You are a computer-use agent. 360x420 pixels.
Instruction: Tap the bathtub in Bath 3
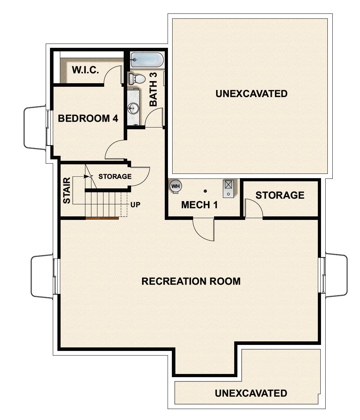(x=147, y=61)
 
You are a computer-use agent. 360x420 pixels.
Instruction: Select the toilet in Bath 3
(x=136, y=79)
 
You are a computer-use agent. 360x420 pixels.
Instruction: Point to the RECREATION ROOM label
(x=191, y=281)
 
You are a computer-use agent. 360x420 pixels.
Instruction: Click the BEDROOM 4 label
(x=88, y=118)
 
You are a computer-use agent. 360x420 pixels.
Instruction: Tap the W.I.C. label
(x=85, y=70)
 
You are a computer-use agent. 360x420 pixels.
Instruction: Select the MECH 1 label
(x=199, y=205)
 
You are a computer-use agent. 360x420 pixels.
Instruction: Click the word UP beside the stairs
(x=135, y=205)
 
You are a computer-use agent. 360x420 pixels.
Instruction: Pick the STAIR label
(x=67, y=191)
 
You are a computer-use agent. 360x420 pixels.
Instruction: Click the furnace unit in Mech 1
(x=228, y=188)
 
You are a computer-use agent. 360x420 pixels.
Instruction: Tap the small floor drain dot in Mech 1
(x=205, y=191)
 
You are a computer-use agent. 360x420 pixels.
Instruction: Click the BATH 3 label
(x=153, y=89)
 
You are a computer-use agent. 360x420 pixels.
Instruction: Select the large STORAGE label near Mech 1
(x=280, y=195)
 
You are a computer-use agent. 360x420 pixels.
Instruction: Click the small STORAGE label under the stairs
(x=115, y=176)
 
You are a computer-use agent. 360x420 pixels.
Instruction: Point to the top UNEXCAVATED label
(x=251, y=94)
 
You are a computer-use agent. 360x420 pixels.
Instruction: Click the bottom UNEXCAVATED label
(x=251, y=393)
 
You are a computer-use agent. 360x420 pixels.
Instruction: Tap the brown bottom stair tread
(x=102, y=218)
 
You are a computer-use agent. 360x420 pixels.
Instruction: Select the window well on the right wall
(x=336, y=275)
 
